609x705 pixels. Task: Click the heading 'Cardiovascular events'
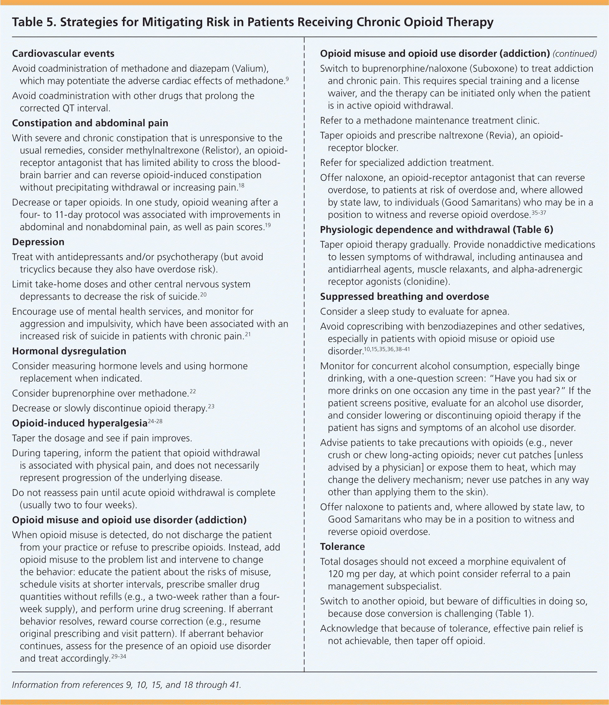point(63,54)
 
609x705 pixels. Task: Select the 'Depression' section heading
point(38,242)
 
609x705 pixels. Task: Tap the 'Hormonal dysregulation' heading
point(69,351)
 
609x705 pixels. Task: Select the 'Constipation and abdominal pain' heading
point(90,123)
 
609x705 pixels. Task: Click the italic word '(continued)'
point(575,54)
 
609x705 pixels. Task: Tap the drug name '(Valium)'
point(250,69)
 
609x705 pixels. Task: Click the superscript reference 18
point(241,186)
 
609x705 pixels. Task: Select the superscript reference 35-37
point(538,213)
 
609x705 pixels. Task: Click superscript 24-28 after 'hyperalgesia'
point(155,422)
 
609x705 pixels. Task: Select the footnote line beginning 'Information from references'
point(126,685)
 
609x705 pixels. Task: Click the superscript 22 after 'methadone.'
point(193,392)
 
